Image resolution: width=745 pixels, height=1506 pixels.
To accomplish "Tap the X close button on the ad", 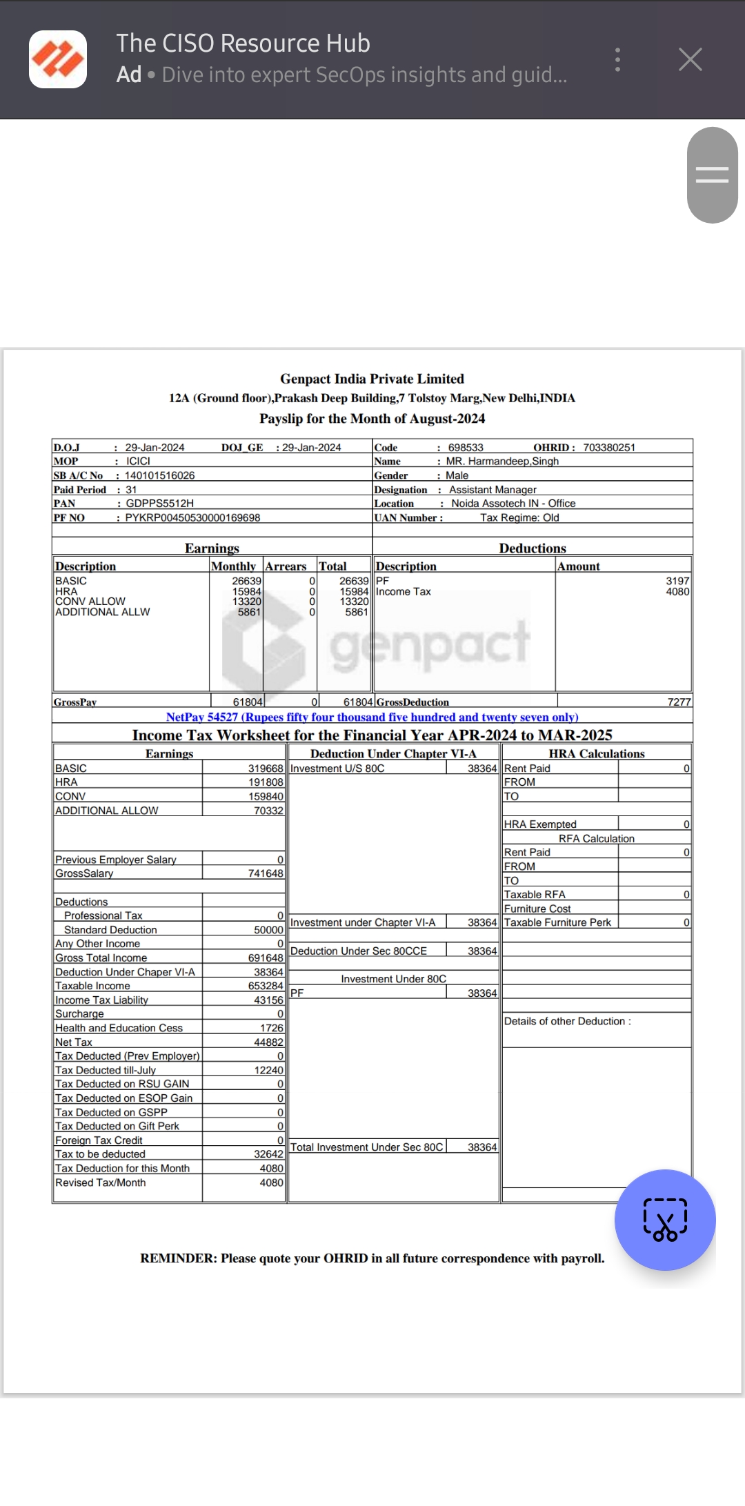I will [x=690, y=60].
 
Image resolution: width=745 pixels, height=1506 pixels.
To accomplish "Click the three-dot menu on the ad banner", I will [x=617, y=60].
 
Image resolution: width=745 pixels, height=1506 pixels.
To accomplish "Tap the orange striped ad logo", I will [x=58, y=59].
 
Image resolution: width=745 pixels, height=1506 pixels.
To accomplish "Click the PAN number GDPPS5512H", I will [x=159, y=504].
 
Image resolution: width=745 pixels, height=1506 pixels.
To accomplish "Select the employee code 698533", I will [x=466, y=448].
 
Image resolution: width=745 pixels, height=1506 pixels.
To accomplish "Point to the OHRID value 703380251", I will [x=608, y=448].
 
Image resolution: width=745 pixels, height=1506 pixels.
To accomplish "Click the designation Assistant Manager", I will [x=493, y=490].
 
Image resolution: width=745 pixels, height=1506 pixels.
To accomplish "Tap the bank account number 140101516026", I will [x=159, y=475].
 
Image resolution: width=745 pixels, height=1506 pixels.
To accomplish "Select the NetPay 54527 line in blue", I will [x=372, y=717].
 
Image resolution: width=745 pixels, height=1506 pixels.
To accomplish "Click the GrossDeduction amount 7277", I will [x=679, y=702].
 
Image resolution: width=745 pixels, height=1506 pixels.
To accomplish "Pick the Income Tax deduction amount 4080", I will [x=677, y=592].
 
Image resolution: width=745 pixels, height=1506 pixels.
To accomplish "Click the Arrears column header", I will [x=286, y=566].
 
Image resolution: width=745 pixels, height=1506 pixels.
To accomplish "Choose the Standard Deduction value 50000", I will [x=268, y=930].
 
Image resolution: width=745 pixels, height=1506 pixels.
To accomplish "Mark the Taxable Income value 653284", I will [x=266, y=986].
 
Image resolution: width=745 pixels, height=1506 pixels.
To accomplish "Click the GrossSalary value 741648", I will [x=266, y=873].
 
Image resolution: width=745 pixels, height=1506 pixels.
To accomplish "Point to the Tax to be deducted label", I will [x=101, y=1154].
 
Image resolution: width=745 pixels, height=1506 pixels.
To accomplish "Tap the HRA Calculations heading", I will [x=596, y=754].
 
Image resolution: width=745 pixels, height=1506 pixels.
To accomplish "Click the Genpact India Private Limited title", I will [x=372, y=379].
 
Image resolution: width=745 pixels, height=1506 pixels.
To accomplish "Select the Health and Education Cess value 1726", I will [x=272, y=1028].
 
